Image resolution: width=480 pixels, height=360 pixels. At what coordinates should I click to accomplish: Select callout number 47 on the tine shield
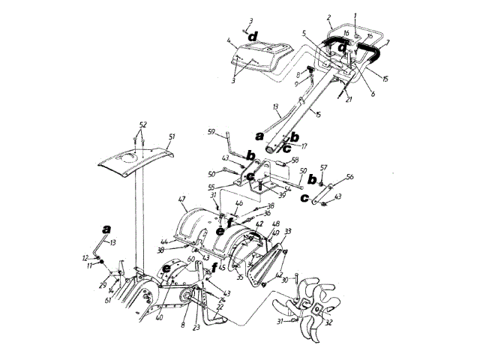(x=181, y=199)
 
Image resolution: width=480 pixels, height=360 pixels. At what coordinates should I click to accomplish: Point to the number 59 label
(x=211, y=132)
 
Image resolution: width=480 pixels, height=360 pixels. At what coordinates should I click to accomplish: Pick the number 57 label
(x=324, y=169)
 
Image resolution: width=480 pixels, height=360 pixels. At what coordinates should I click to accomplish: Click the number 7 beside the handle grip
(x=387, y=44)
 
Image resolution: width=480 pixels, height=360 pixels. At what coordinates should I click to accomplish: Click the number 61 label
(x=109, y=301)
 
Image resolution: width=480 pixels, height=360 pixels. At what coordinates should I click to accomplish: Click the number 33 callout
(x=287, y=232)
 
